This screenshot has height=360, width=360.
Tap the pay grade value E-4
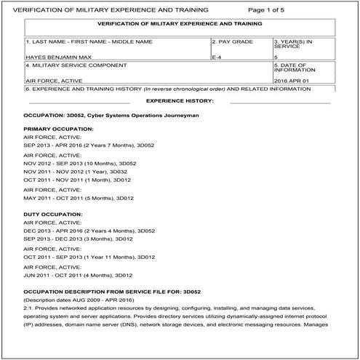coord(217,55)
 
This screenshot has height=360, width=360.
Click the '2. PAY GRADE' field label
coord(233,41)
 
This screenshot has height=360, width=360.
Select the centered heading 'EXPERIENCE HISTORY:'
coord(180,100)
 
